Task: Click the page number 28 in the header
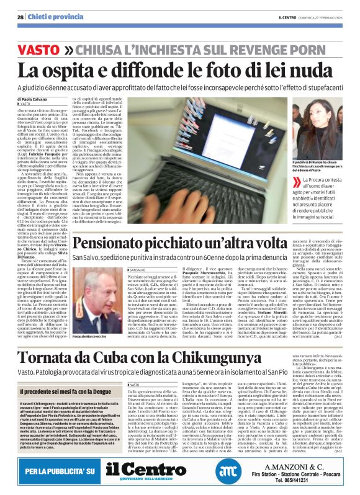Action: point(20,17)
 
